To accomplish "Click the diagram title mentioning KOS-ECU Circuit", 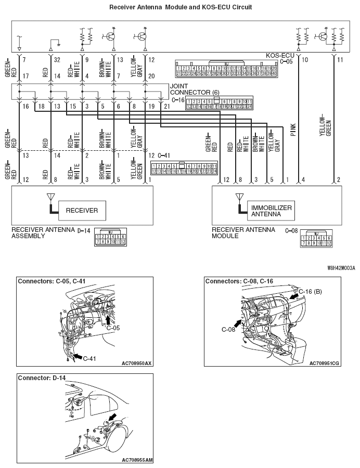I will [181, 8].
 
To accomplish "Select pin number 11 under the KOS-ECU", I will [341, 60].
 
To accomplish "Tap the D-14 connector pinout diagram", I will [110, 237].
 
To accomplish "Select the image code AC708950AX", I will [136, 363].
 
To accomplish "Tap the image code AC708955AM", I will [136, 460].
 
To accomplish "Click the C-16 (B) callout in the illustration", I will [311, 291].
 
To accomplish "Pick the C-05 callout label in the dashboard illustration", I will [113, 328].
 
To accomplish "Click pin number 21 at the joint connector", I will [166, 106].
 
